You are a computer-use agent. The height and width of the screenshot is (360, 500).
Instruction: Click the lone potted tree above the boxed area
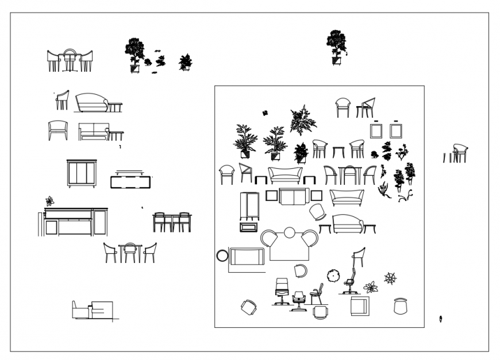click(336, 47)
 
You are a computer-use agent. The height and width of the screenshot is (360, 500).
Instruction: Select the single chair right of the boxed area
click(460, 153)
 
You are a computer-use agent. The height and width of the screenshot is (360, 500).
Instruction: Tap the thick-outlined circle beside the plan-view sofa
click(222, 256)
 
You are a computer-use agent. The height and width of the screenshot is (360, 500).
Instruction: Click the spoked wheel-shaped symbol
click(390, 278)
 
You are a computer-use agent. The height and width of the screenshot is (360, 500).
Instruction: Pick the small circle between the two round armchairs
click(290, 232)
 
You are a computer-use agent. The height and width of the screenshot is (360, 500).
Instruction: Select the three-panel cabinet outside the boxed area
click(82, 173)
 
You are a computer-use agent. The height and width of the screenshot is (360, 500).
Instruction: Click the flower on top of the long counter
click(49, 201)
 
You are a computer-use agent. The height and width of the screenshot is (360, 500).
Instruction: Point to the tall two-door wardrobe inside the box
click(249, 206)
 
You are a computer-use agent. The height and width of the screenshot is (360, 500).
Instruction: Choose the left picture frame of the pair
click(376, 130)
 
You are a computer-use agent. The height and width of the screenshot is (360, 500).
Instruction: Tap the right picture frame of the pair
click(395, 130)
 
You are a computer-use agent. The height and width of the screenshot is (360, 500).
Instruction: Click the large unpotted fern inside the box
click(302, 120)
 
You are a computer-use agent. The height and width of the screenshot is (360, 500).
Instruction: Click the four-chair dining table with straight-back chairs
click(172, 222)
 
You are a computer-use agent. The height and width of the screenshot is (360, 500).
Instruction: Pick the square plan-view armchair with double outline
click(360, 306)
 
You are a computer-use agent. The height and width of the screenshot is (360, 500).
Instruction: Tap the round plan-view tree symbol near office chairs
click(333, 275)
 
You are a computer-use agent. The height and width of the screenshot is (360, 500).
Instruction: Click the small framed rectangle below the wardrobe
click(248, 227)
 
